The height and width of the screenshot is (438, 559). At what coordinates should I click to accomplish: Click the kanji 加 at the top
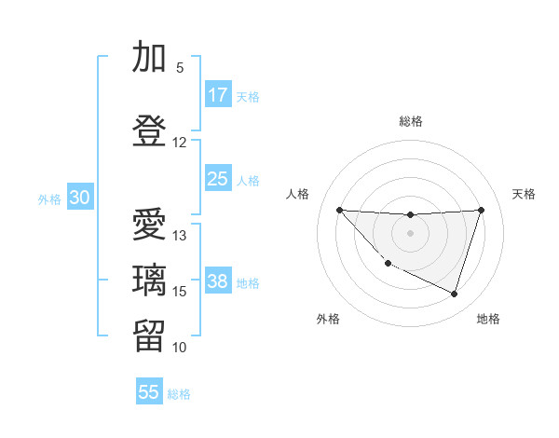150,59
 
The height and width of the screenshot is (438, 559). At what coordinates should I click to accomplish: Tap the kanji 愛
150,226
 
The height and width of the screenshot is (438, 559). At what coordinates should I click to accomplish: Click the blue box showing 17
218,95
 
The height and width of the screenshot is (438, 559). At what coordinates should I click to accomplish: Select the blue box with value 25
218,179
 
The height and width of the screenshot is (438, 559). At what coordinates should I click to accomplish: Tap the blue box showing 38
218,282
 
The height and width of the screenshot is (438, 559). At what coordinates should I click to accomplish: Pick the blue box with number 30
79,198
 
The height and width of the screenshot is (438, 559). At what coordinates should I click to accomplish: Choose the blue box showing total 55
149,392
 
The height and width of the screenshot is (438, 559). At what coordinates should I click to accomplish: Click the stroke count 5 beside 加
180,68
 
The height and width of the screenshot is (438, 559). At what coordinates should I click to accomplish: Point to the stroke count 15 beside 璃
180,292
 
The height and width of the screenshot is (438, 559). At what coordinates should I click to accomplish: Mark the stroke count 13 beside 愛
180,236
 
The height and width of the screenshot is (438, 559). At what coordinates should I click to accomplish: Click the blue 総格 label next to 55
179,394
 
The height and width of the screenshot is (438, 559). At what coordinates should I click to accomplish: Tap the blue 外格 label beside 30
49,198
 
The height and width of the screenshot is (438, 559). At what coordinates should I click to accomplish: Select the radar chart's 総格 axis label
410,121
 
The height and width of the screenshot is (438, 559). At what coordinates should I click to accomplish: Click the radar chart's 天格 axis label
525,194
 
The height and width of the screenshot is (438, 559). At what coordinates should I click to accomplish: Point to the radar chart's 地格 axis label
488,319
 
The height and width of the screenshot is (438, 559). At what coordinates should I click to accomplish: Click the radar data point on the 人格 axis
339,210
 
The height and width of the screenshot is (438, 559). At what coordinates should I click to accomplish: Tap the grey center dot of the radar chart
410,233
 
